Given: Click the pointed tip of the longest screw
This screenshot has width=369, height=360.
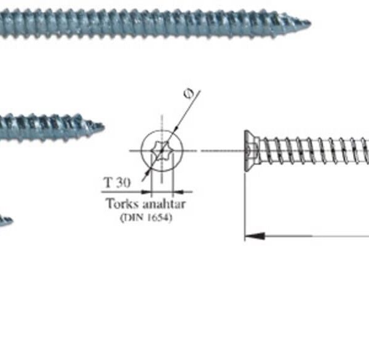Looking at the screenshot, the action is pos(311,23).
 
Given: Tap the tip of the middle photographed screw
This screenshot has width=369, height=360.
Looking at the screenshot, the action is pos(104,127).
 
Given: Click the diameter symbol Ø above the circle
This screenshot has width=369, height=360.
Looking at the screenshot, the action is pos(188,93).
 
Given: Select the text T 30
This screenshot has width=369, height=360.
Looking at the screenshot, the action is pos(117,182).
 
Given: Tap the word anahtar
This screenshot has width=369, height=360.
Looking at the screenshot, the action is pos(164,204).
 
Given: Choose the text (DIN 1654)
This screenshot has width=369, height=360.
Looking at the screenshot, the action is pos(146,217).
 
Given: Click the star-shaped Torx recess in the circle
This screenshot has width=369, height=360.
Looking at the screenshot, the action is pos(161,151).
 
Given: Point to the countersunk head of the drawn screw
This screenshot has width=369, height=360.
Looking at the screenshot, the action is pos(252,151).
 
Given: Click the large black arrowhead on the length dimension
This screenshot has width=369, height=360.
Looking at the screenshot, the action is pos(255,236).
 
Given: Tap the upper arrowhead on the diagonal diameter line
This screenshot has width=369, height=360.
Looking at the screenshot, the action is pos(176,128).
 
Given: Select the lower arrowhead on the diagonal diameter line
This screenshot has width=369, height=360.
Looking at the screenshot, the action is pos(147,173).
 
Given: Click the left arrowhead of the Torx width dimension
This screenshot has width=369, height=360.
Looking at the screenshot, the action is pos(146,192).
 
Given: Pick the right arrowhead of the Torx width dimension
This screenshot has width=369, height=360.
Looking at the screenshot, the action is pos(178,192).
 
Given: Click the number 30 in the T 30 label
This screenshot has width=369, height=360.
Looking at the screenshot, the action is pos(123,182).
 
